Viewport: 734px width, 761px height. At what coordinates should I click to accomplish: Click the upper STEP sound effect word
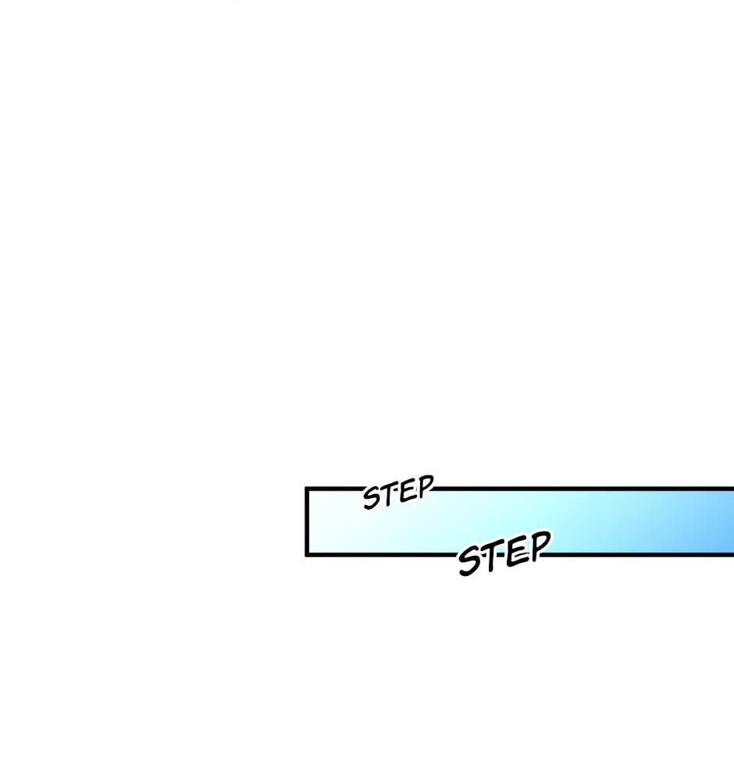tap(398, 493)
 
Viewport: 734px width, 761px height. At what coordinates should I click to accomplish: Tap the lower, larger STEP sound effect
tap(504, 553)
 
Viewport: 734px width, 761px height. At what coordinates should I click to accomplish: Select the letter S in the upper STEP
tap(372, 498)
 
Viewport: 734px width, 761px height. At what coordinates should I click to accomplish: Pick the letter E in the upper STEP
tap(408, 491)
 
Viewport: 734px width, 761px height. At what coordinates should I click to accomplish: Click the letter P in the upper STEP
tap(426, 485)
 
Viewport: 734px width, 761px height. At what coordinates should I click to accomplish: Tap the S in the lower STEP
tap(471, 561)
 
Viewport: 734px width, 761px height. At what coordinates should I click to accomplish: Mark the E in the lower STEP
tap(518, 553)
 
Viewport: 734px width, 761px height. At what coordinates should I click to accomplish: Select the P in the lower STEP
tap(540, 546)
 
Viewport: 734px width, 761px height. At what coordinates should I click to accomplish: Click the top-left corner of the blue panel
tap(305, 486)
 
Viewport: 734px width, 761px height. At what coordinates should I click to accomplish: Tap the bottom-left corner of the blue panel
tap(305, 556)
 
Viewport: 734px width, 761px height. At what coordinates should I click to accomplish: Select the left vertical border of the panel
tap(307, 521)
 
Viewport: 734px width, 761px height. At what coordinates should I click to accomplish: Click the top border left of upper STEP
tap(335, 488)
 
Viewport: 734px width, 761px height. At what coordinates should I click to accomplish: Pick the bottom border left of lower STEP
tap(381, 554)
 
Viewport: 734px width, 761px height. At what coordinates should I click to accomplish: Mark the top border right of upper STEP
tap(583, 489)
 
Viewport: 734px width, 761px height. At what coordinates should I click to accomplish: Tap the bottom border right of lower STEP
tap(641, 553)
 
